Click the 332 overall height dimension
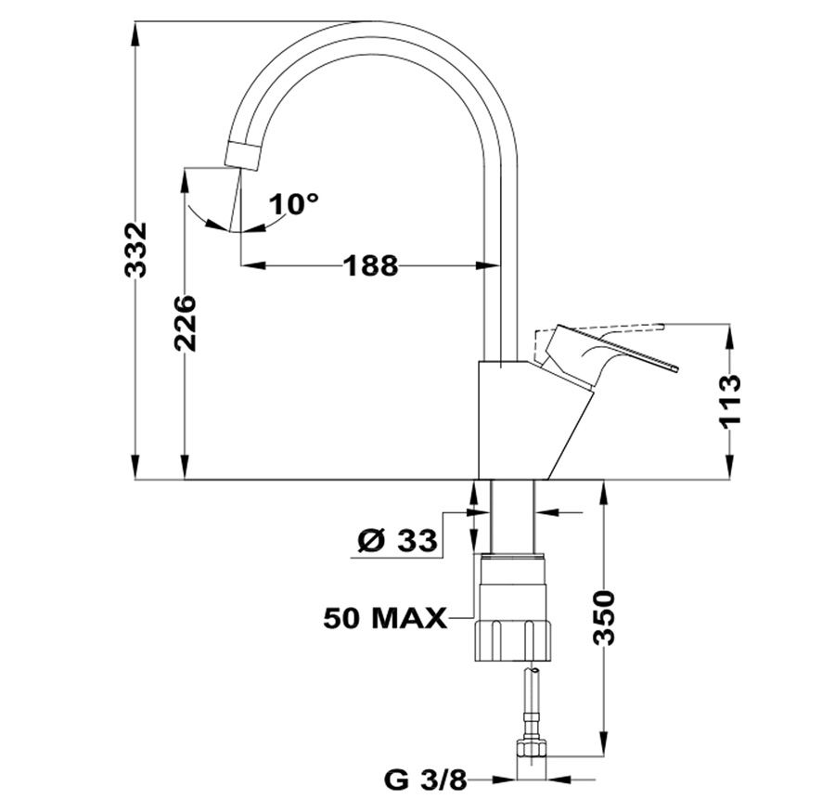tap(135, 250)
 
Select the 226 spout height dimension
tap(186, 323)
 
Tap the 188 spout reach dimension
tap(370, 265)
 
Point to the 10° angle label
tap(293, 203)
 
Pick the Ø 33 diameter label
tap(397, 541)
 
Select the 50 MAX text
tap(385, 618)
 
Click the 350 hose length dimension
tap(604, 617)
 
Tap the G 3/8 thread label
tap(425, 780)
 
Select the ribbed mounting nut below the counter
tap(513, 641)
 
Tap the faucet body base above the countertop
tap(535, 420)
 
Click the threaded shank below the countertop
tap(512, 516)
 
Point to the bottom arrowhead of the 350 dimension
tap(604, 743)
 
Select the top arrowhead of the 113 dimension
tap(730, 336)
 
